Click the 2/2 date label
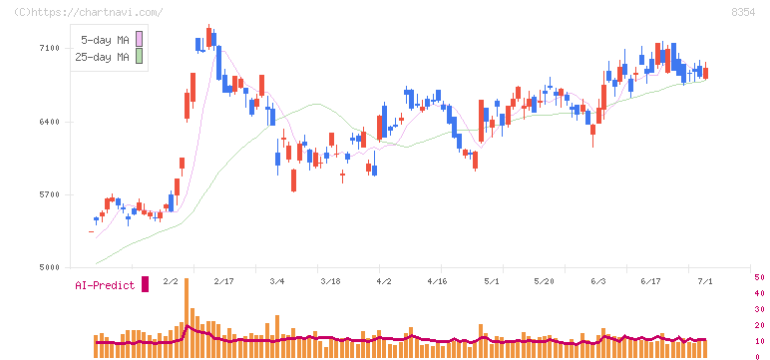(x=171, y=281)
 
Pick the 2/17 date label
(x=224, y=281)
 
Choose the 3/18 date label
(x=330, y=281)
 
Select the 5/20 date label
(x=544, y=281)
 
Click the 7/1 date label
(x=705, y=281)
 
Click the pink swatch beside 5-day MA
(x=139, y=39)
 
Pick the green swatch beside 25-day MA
(x=139, y=56)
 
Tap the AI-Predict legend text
(x=105, y=285)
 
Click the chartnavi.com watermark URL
(x=89, y=12)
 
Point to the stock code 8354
(x=743, y=12)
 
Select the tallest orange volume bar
(x=187, y=318)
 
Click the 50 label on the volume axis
(x=759, y=277)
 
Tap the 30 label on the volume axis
(x=759, y=309)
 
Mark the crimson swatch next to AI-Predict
(x=145, y=284)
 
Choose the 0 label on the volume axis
(x=757, y=357)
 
